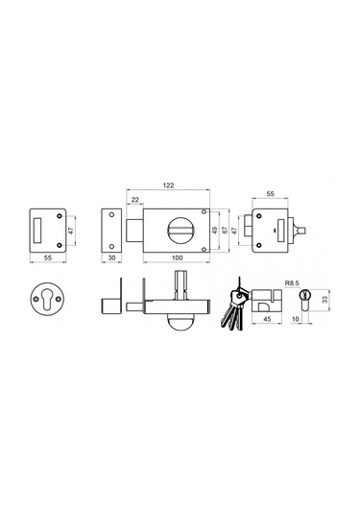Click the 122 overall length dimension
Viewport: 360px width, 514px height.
[x=168, y=185]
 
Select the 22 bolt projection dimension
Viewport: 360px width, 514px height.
[x=134, y=200]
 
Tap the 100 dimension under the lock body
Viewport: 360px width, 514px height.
[x=178, y=258]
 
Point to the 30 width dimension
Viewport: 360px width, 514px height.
[x=111, y=258]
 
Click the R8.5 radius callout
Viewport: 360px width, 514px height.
[x=292, y=282]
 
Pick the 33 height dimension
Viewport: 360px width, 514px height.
[x=324, y=300]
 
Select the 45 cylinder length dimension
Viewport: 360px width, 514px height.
[x=267, y=319]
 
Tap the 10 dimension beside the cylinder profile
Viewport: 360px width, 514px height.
[x=296, y=319]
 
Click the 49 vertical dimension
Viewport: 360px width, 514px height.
[x=215, y=231]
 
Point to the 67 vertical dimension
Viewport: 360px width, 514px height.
[x=225, y=231]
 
